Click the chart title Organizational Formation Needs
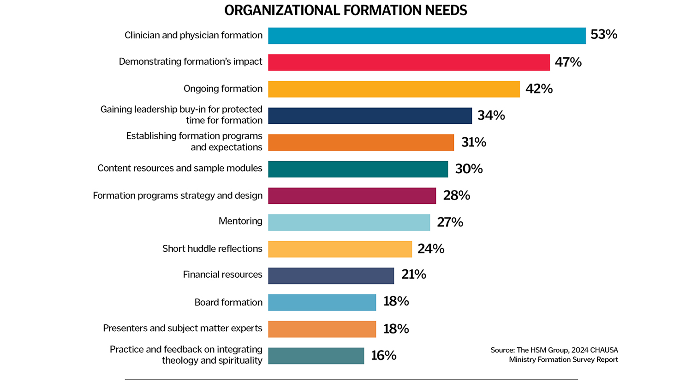click(346, 10)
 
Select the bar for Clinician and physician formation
click(427, 36)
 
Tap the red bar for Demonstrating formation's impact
click(409, 62)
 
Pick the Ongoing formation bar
click(394, 89)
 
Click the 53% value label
click(604, 35)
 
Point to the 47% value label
click(568, 62)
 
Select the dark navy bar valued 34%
click(370, 115)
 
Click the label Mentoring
click(240, 221)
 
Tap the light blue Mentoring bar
click(349, 222)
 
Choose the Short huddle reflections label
click(212, 249)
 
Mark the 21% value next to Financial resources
click(414, 274)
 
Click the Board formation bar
click(322, 303)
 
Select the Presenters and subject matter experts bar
click(322, 329)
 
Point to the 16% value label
click(384, 355)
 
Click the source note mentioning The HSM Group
click(554, 355)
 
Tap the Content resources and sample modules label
click(180, 168)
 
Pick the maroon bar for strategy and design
click(352, 196)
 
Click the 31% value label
click(474, 142)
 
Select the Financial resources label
click(222, 274)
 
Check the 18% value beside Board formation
click(396, 302)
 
